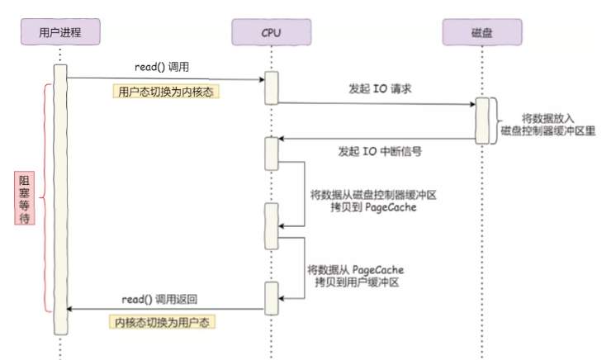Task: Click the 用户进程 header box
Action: click(x=60, y=32)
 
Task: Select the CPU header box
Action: click(x=271, y=32)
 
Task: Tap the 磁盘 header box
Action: click(x=482, y=32)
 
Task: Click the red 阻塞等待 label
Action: click(x=25, y=198)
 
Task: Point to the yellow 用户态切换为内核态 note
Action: click(x=166, y=92)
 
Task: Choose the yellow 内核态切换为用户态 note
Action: click(x=162, y=322)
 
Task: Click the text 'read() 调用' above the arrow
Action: click(x=162, y=67)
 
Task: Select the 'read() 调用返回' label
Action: click(x=159, y=299)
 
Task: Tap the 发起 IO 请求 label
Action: click(x=380, y=89)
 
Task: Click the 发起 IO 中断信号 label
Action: click(x=380, y=151)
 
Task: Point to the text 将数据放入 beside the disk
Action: click(x=548, y=118)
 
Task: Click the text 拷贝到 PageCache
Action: click(x=373, y=207)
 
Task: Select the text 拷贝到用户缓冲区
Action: click(x=357, y=282)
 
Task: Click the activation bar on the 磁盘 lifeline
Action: click(x=482, y=121)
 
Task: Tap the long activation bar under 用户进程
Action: click(x=60, y=200)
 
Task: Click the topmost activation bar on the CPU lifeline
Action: click(x=272, y=88)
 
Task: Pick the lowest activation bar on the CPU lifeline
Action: click(x=272, y=298)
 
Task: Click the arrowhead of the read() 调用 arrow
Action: click(x=263, y=79)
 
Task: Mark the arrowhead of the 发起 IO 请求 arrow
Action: click(x=472, y=104)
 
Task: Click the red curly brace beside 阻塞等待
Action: click(x=45, y=198)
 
